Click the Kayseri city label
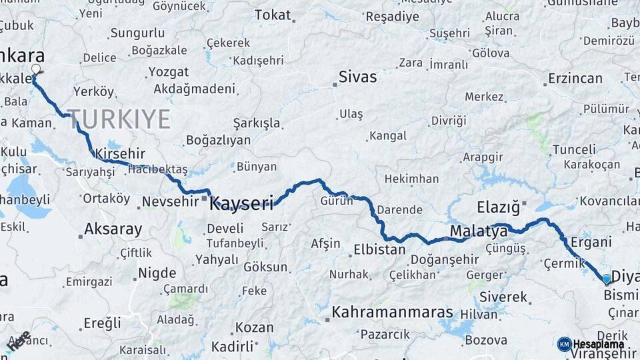coord(241,203)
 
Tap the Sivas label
coord(357,77)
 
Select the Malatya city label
coord(479,231)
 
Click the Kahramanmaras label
coord(392,312)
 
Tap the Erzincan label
coord(575,78)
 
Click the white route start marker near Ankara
coord(36,69)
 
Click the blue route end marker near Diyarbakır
coord(606,279)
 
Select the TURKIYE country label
coord(119,119)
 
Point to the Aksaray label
coord(113,230)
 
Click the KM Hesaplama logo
coord(591,344)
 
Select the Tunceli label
coord(574,149)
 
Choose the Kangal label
coord(387,136)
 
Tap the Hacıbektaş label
coord(158,169)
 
